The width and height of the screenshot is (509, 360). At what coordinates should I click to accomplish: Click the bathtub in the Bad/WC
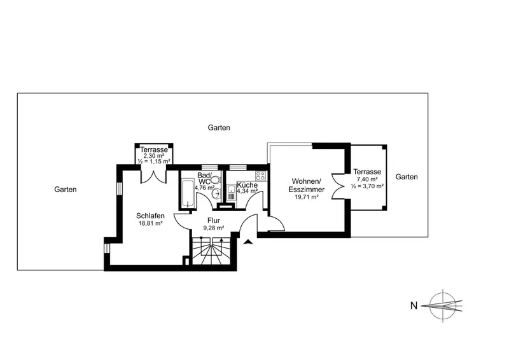(x=188, y=194)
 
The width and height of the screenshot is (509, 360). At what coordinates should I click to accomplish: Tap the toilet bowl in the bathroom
(x=216, y=180)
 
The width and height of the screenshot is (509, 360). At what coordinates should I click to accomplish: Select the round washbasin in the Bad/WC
(x=216, y=194)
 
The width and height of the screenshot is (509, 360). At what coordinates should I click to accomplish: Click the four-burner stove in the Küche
(x=260, y=176)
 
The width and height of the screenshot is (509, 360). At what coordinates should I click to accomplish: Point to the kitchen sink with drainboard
(x=232, y=193)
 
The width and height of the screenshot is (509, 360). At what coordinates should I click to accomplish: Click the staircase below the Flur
(x=211, y=251)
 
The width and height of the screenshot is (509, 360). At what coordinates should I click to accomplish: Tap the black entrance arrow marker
(x=248, y=242)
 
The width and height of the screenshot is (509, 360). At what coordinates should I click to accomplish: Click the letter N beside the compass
(x=414, y=306)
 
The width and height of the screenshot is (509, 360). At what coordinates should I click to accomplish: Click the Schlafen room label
(x=150, y=216)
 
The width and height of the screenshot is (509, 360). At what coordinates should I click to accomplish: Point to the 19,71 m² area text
(x=307, y=197)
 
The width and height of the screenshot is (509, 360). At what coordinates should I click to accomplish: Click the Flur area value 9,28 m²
(x=214, y=228)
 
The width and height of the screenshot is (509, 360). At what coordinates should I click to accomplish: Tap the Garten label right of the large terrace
(x=407, y=177)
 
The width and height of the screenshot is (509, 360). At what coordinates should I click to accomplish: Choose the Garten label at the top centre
(x=219, y=128)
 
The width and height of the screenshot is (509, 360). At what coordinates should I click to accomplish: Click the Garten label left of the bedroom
(x=66, y=190)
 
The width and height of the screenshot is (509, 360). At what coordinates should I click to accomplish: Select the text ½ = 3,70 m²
(x=368, y=186)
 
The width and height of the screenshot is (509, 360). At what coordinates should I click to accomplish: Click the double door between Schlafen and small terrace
(x=153, y=176)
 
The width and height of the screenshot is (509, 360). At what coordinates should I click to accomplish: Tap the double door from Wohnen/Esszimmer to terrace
(x=338, y=186)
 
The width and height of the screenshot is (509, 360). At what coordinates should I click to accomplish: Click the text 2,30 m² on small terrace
(x=154, y=156)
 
